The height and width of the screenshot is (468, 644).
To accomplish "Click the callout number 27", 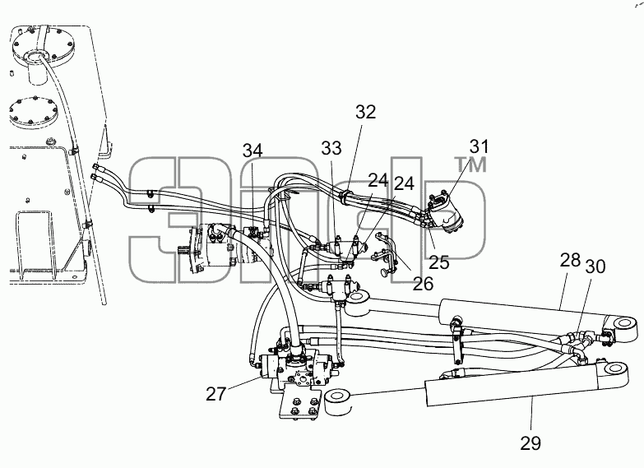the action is tap(216, 394).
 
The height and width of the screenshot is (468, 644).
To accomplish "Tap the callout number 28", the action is tap(570, 260).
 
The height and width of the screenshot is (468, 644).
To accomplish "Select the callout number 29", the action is tap(530, 443).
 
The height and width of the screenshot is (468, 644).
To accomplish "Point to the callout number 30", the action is tap(595, 267).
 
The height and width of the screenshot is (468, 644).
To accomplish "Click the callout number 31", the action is tap(479, 146).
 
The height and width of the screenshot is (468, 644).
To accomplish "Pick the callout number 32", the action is tap(365, 112).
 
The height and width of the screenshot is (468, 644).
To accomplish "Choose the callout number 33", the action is tap(331, 148).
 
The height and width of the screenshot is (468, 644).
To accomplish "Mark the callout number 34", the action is tap(253, 151).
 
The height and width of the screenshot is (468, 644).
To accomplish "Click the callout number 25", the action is tap(439, 262).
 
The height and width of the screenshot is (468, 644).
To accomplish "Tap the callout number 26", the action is tap(423, 284).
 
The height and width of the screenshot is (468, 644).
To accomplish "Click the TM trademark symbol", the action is tap(470, 164).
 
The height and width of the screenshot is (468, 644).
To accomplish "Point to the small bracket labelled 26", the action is tap(385, 253).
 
